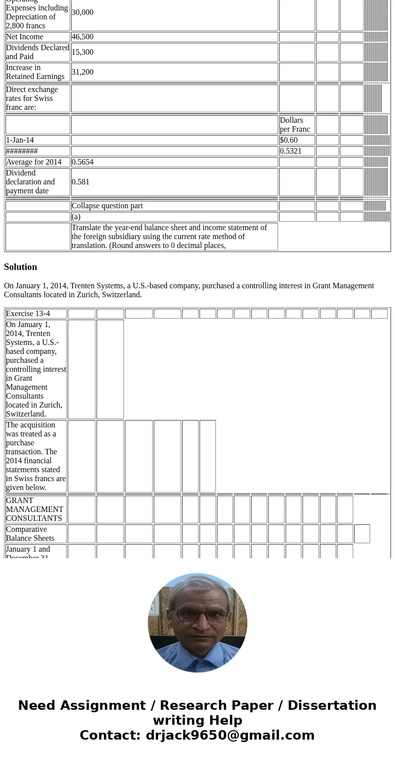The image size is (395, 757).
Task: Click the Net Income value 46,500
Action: coord(83,37)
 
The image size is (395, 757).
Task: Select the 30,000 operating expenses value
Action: coord(83,12)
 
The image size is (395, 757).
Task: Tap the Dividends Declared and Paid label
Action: coord(37,52)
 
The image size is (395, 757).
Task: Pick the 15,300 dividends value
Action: coord(83,52)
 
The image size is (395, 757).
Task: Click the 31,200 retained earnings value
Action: coord(83,72)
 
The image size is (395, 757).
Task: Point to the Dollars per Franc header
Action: coord(295,125)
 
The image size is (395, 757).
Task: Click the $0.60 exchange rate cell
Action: coord(289,140)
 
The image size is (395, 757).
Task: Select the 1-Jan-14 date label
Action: coord(20,140)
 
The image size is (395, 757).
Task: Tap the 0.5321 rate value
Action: coord(291,151)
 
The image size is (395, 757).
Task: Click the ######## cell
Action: coord(22,151)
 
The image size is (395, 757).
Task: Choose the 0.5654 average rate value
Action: coord(83,162)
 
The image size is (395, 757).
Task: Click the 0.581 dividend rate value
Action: coord(81,182)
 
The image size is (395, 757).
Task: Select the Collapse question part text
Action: coord(107,206)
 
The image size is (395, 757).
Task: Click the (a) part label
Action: coord(76,217)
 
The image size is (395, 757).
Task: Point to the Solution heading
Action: coord(20,267)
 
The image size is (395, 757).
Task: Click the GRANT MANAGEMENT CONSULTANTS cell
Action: coord(35,509)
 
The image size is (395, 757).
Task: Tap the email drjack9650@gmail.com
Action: coord(230,735)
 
